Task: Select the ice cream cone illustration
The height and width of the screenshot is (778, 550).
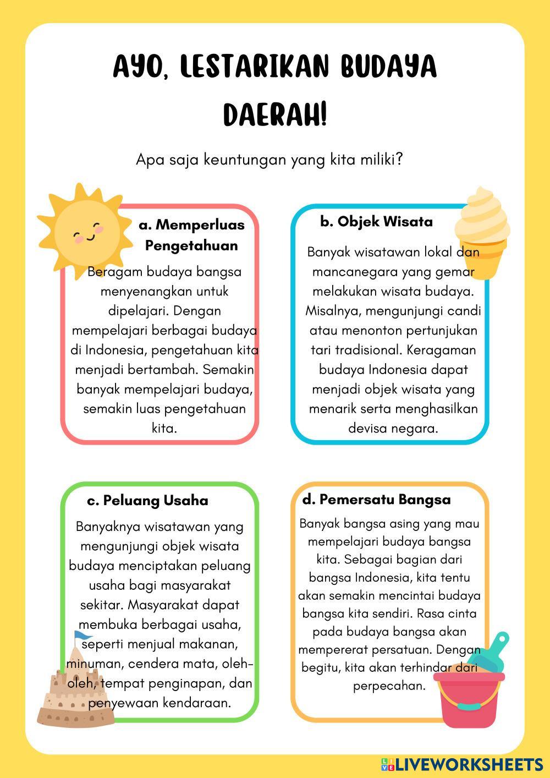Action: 482,231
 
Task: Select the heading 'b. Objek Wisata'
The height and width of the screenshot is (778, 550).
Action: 376,222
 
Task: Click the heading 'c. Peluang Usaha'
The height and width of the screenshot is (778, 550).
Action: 147,500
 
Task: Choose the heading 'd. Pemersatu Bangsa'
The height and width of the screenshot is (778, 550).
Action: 376,500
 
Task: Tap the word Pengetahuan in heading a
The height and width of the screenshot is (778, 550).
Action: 191,245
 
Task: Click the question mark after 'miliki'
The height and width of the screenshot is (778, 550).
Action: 399,160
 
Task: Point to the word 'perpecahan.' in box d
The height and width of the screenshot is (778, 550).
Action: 389,686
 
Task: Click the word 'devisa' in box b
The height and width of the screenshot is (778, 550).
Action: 367,428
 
